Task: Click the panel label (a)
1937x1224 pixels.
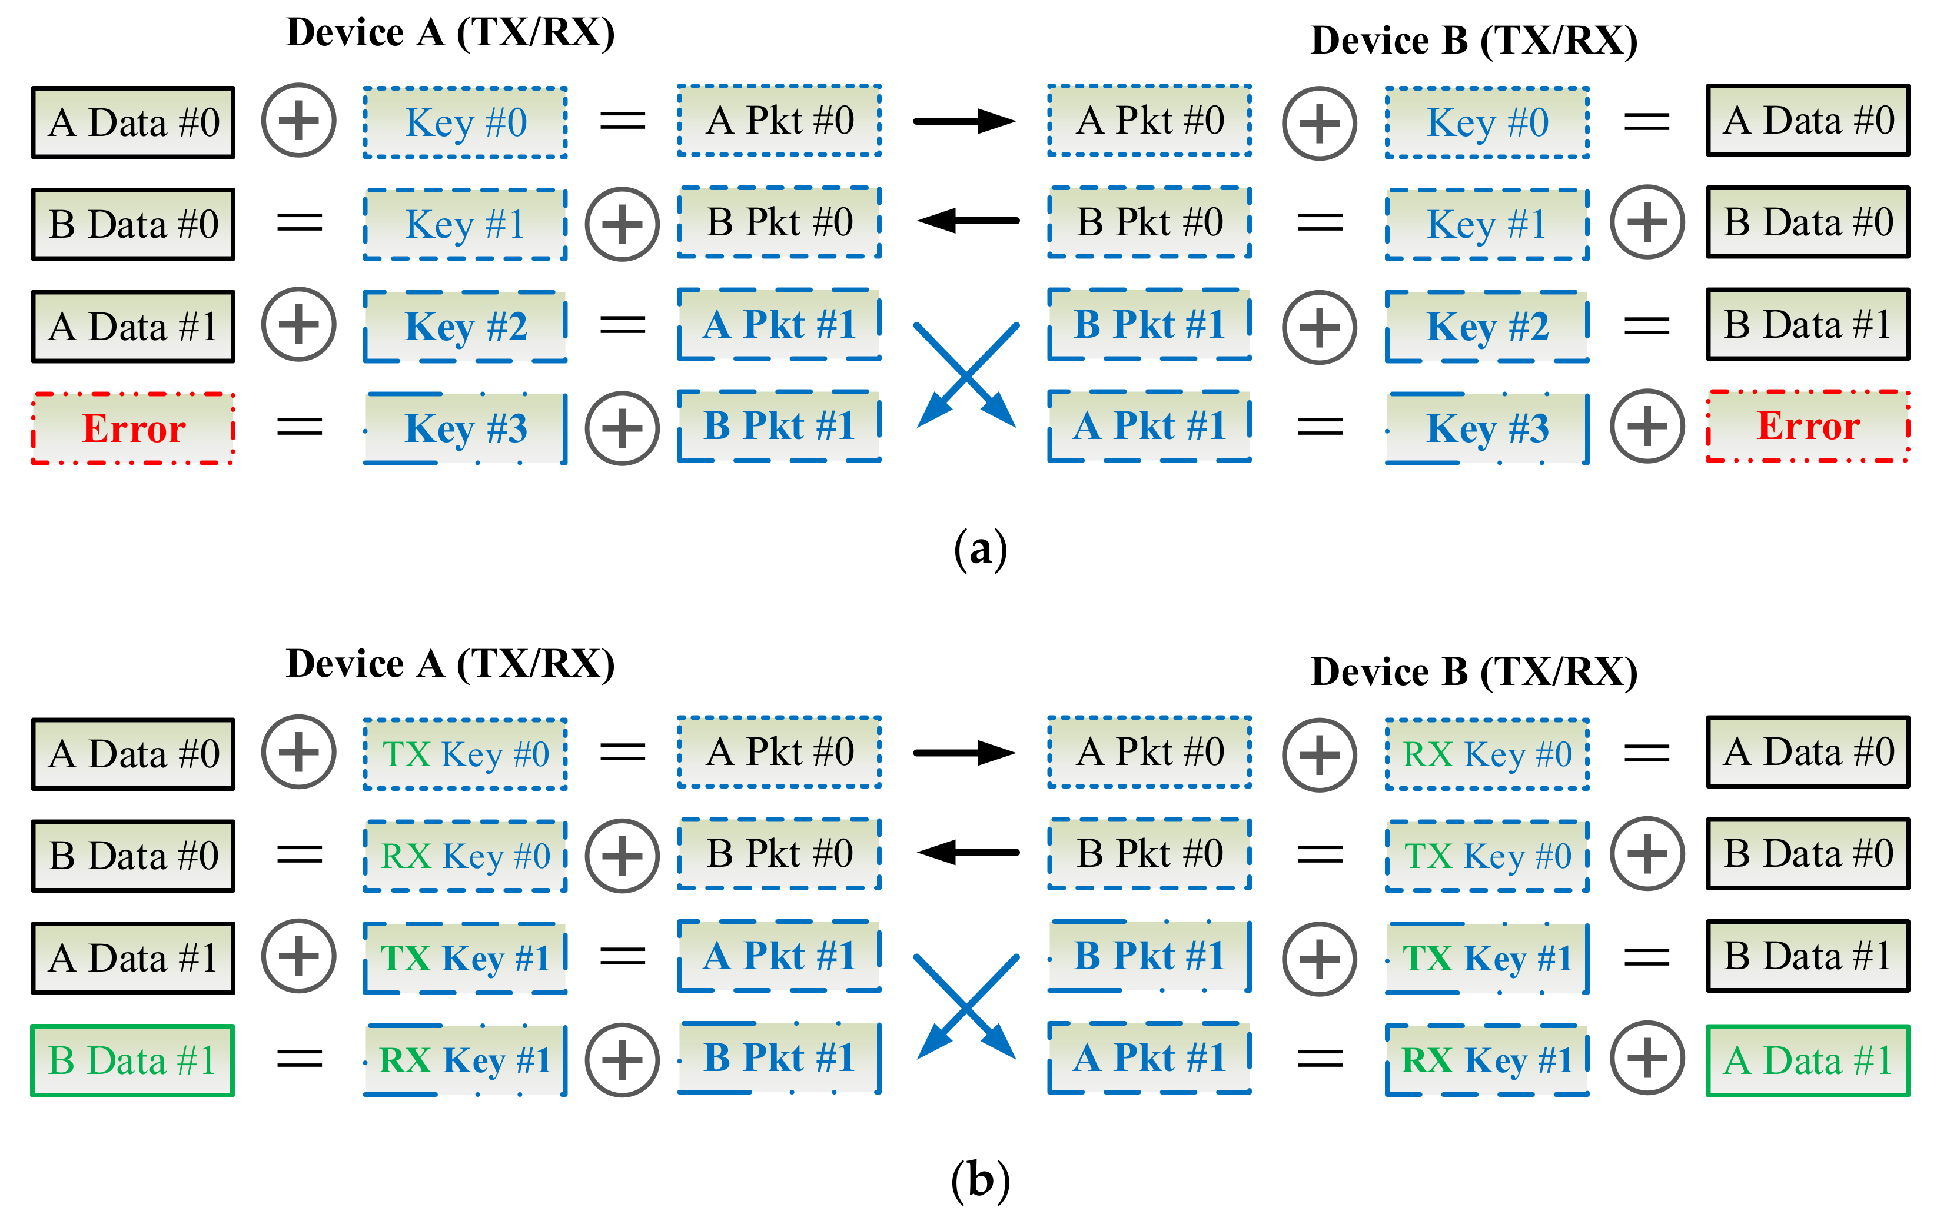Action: point(980,550)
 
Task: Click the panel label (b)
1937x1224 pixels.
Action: point(980,1180)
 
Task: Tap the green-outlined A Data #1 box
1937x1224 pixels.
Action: point(1808,1060)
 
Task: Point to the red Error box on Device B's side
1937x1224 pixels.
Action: point(1808,426)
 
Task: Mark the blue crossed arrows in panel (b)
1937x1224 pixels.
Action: point(967,1006)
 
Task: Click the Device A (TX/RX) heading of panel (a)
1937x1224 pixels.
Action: point(450,33)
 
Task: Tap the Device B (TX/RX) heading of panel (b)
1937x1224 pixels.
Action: point(1474,671)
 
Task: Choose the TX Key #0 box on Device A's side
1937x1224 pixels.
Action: point(465,754)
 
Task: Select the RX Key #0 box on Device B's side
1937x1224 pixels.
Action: point(1487,754)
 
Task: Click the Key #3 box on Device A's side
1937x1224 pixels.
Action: point(465,428)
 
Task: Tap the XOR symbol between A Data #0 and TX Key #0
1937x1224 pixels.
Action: point(298,752)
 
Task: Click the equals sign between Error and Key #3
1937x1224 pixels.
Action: point(299,427)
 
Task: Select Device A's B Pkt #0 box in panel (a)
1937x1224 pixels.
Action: point(779,222)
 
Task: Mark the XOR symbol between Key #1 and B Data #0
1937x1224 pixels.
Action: point(1647,222)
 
